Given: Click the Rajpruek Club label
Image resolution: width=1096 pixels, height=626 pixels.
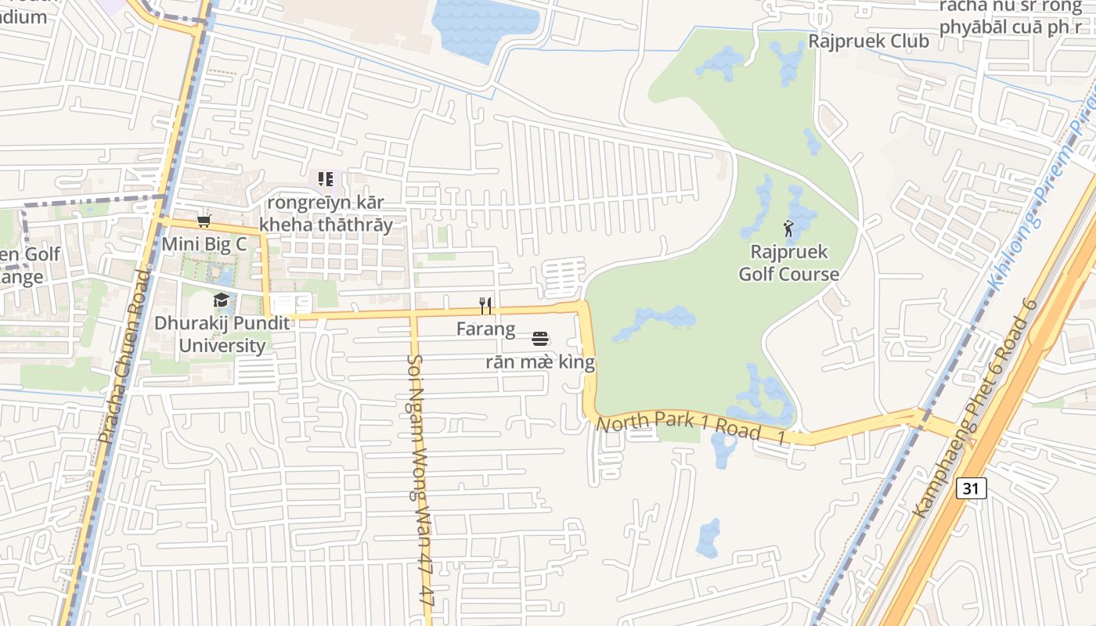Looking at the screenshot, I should point(868,41).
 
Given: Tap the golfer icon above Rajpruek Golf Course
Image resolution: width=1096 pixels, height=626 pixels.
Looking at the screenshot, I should point(788,228).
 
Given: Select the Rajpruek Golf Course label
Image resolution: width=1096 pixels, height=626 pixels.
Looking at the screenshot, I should point(788,263).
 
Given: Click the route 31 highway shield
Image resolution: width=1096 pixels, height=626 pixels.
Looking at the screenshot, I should point(971,488).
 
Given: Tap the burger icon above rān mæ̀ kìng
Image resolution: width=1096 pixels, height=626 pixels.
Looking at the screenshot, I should point(539,339).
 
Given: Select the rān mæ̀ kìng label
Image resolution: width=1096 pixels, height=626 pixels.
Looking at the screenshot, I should point(540,362).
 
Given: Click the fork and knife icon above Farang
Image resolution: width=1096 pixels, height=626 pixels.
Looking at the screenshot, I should point(485,305).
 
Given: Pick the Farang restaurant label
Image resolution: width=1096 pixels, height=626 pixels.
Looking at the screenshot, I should point(485,329).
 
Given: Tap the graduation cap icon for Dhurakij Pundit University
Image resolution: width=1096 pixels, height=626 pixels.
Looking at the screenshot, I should point(222,300).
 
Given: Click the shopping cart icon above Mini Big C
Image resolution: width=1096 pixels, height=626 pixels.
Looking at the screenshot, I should point(204,221).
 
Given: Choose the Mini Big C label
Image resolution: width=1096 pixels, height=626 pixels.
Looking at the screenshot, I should point(204,244).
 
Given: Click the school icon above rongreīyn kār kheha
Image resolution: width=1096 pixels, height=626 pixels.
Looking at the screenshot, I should point(326,179).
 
